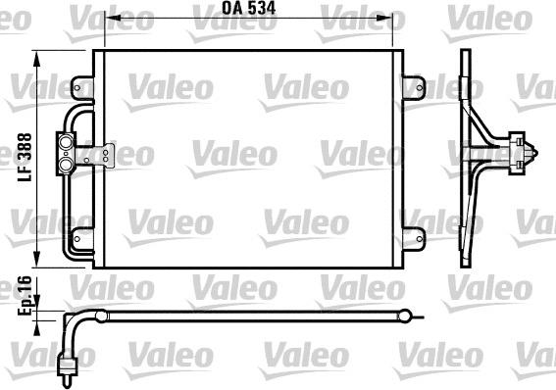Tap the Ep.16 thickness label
pyautogui.click(x=25, y=294)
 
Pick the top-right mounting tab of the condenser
pyautogui.click(x=417, y=78)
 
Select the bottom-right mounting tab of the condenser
pyautogui.click(x=417, y=234)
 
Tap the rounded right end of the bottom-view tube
pyautogui.click(x=405, y=316)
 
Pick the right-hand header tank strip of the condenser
pyautogui.click(x=398, y=157)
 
